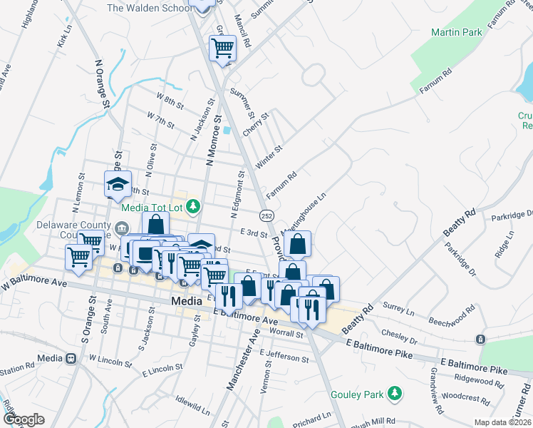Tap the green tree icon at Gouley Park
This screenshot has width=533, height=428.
pos(393,394)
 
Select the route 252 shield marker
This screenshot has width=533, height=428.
pos(266,215)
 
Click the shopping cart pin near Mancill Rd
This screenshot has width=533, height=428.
pos(222,49)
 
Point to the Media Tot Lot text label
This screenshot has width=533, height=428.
pos(152,208)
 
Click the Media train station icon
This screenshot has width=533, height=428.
pos(71,358)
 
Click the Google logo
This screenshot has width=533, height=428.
pos(24,419)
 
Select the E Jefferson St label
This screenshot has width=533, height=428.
pos(285,353)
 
